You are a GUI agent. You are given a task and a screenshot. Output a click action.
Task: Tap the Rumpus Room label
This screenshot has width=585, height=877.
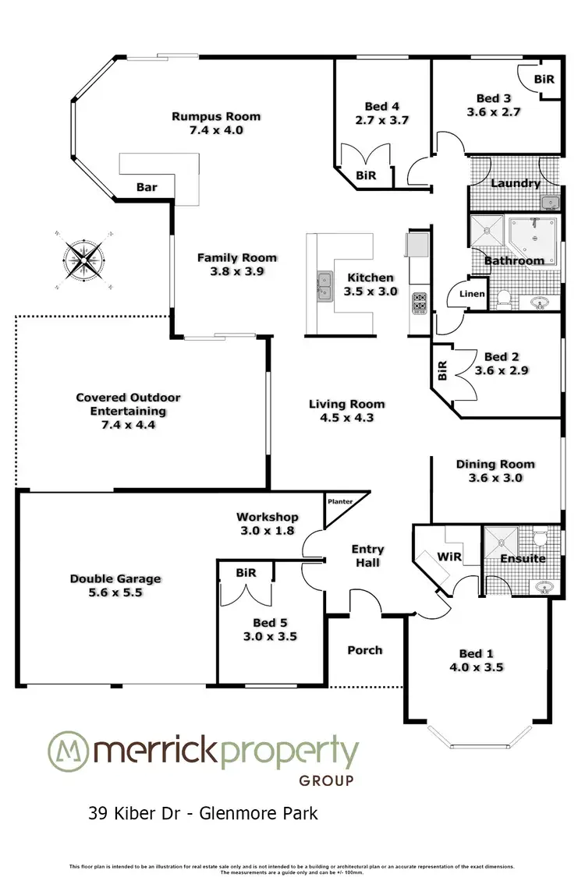[216, 117]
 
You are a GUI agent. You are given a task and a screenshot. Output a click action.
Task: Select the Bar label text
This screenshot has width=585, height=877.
[147, 187]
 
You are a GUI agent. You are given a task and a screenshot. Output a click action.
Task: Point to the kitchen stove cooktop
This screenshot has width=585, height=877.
[418, 301]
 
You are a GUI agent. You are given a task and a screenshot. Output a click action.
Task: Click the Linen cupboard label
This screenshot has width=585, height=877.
[473, 294]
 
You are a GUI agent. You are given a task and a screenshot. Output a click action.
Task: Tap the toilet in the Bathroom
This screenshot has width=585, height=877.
[504, 299]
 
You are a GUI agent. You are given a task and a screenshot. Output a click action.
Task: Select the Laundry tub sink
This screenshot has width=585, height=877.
[551, 203]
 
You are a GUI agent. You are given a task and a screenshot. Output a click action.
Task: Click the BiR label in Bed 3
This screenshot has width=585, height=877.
[544, 80]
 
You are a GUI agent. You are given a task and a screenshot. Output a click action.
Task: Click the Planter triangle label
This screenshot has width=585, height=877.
[339, 502]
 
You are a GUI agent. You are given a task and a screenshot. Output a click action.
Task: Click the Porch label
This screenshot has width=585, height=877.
[365, 649]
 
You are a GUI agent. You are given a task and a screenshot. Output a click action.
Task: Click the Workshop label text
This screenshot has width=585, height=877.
[268, 517]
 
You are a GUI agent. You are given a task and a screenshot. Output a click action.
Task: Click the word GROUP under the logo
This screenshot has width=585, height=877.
[326, 780]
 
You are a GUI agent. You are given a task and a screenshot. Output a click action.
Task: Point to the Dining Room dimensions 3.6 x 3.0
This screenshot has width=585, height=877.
[495, 478]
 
